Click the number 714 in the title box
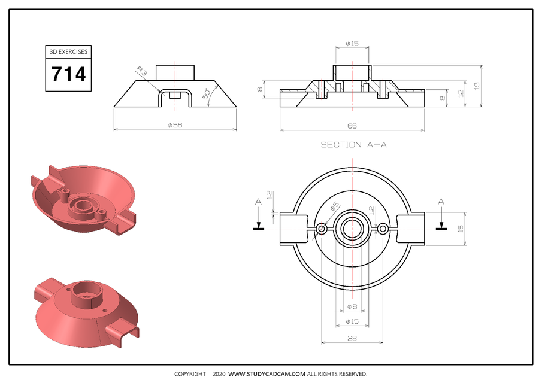coord(69,75)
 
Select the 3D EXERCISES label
coord(69,52)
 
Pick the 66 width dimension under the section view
coord(352,126)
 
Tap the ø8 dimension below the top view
coord(352,307)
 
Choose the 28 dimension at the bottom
coord(352,339)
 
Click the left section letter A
coord(258,203)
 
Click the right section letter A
coord(441,203)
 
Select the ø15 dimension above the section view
coord(352,44)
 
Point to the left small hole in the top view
coord(322,229)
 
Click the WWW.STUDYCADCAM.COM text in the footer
coord(267,374)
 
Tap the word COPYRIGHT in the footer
coord(190,374)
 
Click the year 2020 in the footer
coord(219,374)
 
